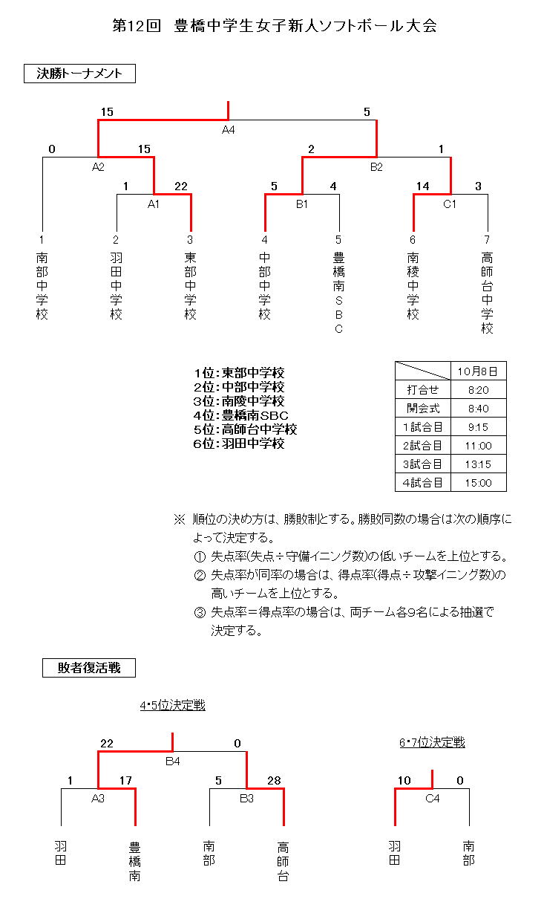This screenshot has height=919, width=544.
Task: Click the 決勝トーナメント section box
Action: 79,74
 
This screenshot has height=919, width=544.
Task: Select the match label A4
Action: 228,130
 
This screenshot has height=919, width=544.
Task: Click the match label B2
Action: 376,167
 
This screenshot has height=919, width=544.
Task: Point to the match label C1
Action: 450,204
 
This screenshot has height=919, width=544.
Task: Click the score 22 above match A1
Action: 180,186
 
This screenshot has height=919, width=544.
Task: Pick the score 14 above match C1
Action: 423,186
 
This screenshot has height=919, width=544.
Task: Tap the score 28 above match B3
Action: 275,781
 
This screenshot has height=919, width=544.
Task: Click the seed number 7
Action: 488,240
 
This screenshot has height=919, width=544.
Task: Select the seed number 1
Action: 42,240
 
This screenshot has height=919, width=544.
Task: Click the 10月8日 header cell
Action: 479,371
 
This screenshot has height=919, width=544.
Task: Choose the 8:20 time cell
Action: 479,389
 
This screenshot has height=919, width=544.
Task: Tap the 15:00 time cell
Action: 479,482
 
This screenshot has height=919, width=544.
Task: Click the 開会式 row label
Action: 423,408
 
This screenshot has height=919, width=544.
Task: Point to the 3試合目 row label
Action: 423,464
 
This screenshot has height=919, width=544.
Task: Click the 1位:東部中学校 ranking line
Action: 239,373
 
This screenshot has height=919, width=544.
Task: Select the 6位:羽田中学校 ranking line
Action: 239,444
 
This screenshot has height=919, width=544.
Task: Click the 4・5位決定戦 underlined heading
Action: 172,706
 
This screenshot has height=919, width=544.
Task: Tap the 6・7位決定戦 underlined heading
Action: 432,742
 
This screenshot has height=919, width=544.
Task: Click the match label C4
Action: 432,798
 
